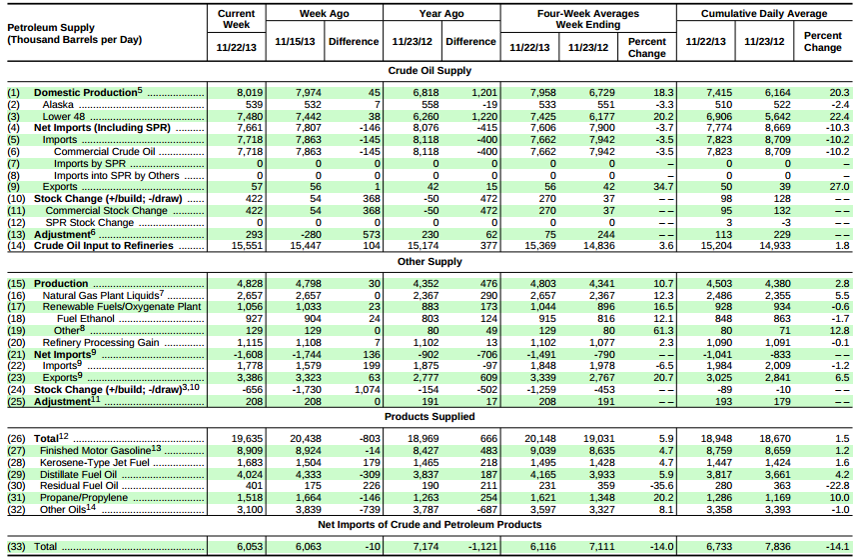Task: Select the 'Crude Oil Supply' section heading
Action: coord(429,71)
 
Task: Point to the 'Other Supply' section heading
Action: coord(429,262)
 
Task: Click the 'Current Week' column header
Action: coord(236,20)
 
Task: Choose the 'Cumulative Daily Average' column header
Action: coord(763,14)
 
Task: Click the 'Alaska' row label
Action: coord(58,104)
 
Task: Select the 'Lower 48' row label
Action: coord(64,115)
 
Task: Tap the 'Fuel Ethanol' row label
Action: coord(85,318)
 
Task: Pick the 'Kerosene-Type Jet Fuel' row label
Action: coord(88,464)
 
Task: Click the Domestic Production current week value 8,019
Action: coord(249,93)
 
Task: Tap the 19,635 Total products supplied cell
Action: coord(245,439)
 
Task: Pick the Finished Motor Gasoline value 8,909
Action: coord(249,452)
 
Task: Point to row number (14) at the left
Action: coord(14,245)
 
